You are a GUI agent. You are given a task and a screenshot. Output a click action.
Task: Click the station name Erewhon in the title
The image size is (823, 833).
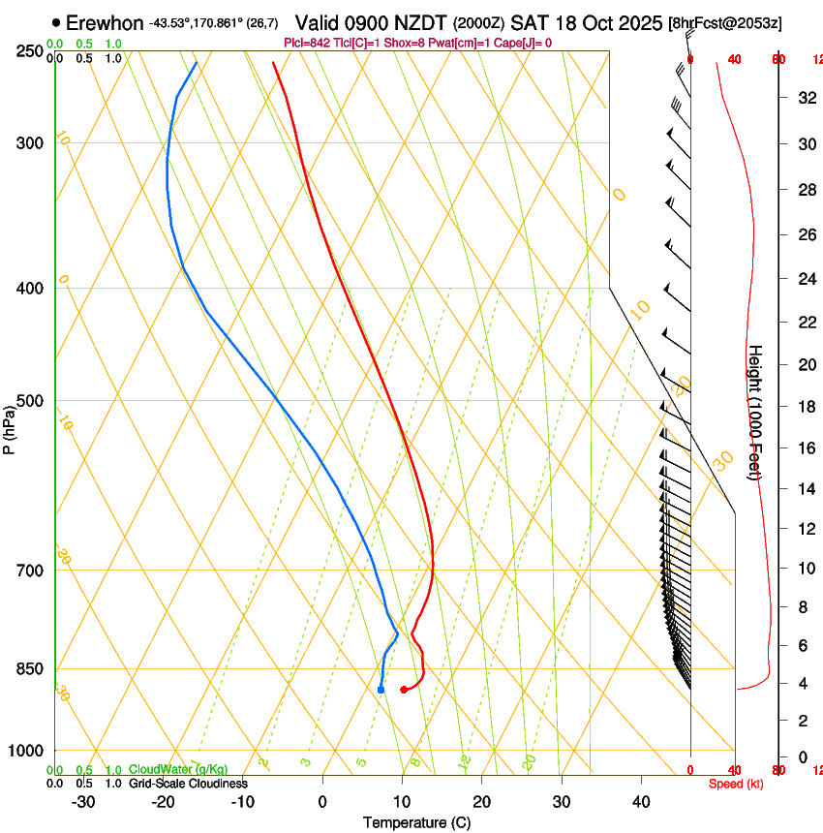[x=106, y=22]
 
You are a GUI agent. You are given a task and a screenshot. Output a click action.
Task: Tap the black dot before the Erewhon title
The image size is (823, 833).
[x=56, y=22]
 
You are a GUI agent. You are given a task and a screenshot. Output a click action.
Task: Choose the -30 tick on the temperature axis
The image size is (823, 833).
[x=83, y=802]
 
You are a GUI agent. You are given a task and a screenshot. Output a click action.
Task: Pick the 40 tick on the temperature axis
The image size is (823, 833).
[x=641, y=802]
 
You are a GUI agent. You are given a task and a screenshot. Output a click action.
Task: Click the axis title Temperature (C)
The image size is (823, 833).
[x=415, y=822]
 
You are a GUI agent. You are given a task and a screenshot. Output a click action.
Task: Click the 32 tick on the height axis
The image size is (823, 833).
[x=806, y=98]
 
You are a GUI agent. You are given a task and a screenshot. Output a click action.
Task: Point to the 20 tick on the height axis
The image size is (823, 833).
[x=806, y=364]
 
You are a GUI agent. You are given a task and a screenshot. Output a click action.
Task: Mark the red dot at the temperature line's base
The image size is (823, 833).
[x=404, y=690]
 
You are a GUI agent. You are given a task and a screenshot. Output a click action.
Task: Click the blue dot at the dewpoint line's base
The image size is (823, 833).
[x=381, y=690]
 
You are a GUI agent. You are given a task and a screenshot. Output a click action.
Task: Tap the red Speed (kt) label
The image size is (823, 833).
[x=736, y=784]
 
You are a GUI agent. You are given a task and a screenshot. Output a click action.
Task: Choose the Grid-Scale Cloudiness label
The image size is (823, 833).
[x=188, y=784]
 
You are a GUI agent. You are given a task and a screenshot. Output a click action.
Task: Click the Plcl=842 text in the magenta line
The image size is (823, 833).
[x=308, y=43]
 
